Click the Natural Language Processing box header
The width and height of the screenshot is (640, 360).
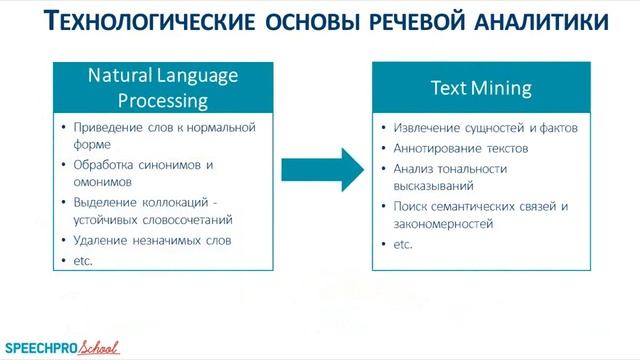(x=162, y=87)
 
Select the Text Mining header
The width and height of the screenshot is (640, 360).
(x=481, y=87)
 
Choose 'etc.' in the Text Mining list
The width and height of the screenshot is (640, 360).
(x=403, y=244)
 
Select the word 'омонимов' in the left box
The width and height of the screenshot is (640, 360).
(x=104, y=182)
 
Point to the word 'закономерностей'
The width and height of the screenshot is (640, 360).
(x=445, y=224)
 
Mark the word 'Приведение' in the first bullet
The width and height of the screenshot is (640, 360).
(x=109, y=127)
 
